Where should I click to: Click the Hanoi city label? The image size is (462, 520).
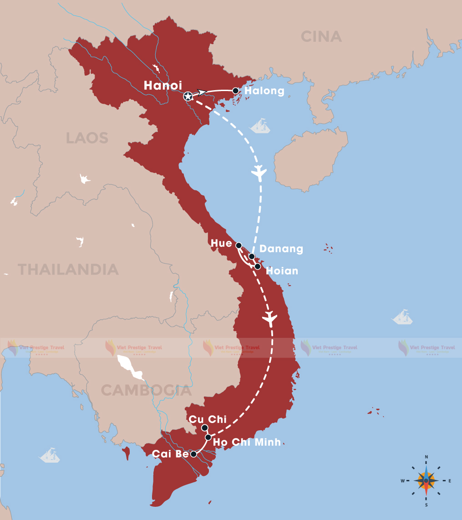163,86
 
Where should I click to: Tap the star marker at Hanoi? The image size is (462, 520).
188,97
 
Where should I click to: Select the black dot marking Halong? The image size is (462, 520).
236,91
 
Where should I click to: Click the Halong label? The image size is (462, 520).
264,91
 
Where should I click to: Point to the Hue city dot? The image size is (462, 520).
239,245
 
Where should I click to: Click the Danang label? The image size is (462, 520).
281,249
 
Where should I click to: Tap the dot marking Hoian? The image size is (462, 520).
258,266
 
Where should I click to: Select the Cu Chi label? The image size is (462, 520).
207,419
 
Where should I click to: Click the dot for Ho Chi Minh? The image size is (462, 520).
208,437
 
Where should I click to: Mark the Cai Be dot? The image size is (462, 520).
193,454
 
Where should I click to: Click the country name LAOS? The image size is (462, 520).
87,138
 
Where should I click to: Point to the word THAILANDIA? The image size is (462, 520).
68,269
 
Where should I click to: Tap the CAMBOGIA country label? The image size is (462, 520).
146,390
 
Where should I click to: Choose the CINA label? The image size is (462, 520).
321,36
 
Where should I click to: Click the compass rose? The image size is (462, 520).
426,480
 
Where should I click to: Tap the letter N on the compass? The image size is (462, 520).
426,457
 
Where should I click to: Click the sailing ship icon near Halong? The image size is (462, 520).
261,126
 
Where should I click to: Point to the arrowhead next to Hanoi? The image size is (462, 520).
202,92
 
